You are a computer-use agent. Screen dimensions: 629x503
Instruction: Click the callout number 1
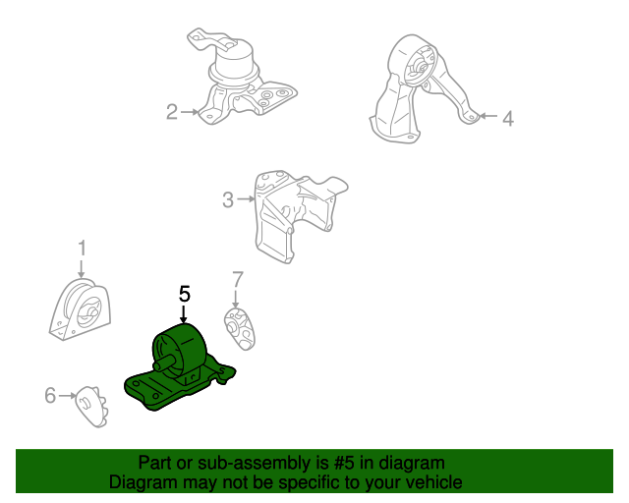[82, 248]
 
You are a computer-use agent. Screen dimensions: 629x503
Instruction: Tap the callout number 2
[172, 112]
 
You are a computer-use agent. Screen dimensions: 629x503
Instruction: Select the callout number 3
[228, 199]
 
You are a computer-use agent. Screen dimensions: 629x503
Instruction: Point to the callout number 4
[508, 119]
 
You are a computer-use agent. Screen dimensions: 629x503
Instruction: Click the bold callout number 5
[185, 294]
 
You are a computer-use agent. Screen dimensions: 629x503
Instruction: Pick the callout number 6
[50, 395]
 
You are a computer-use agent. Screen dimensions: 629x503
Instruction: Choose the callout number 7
[238, 279]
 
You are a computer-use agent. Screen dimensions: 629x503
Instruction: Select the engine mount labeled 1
[81, 309]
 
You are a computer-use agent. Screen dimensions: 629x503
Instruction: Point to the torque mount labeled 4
[422, 88]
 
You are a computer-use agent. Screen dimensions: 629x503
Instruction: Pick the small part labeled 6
[92, 407]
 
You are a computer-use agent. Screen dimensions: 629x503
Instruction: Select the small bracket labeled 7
[240, 328]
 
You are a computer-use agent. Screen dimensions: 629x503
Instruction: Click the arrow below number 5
[184, 314]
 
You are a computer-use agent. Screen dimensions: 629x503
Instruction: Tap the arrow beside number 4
[489, 116]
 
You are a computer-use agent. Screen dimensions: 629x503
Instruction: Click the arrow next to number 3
[246, 198]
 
